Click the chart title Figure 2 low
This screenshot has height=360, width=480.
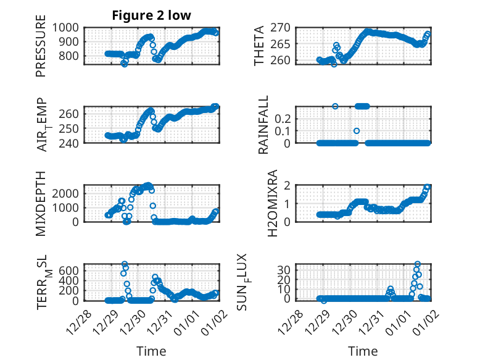151,16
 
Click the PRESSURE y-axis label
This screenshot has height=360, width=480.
41,50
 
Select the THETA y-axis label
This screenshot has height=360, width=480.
259,45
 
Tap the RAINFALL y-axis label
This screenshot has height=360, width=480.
263,124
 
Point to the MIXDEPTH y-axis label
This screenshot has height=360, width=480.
41,203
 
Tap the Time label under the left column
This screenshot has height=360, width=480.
151,351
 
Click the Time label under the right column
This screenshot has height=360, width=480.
363,351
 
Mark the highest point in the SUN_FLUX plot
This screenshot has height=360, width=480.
418,264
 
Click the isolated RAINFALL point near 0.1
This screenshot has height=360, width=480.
357,131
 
